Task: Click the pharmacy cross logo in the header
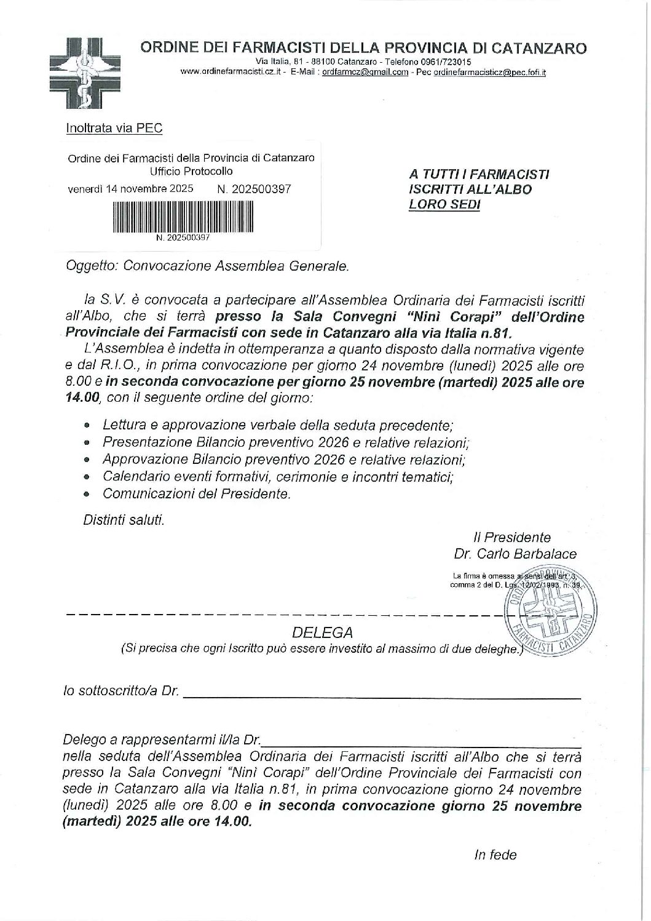pyautogui.click(x=85, y=72)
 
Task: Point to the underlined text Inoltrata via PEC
pyautogui.click(x=114, y=128)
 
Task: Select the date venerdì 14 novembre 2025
pyautogui.click(x=130, y=189)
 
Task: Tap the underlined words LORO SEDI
pyautogui.click(x=444, y=204)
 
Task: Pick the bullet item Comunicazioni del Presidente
pyautogui.click(x=196, y=493)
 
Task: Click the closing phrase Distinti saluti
pyautogui.click(x=124, y=520)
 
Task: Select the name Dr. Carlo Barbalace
pyautogui.click(x=515, y=554)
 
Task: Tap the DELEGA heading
pyautogui.click(x=323, y=632)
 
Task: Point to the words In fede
pyautogui.click(x=495, y=855)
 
